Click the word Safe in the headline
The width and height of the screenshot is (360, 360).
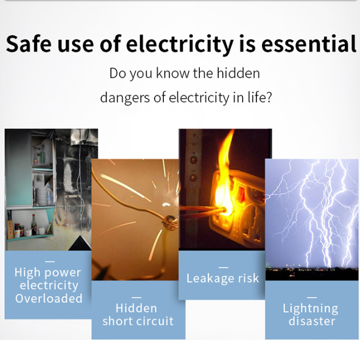[28, 44]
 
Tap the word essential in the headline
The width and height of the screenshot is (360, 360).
[309, 44]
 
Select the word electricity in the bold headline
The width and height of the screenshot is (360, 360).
[179, 45]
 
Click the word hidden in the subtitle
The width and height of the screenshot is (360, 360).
[238, 73]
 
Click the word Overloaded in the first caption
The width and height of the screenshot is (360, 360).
[49, 298]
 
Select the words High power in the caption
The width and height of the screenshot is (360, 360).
[47, 273]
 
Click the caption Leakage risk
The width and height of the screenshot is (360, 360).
[223, 279]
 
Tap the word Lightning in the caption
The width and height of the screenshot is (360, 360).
[310, 309]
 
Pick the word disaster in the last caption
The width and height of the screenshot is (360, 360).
[312, 321]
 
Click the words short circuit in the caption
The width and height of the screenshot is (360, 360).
[138, 321]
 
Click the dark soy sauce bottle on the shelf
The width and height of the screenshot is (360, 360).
[34, 225]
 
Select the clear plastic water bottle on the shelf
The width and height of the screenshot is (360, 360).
[49, 196]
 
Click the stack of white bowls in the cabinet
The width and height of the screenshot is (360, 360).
[41, 197]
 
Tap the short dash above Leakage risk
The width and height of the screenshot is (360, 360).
[224, 268]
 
